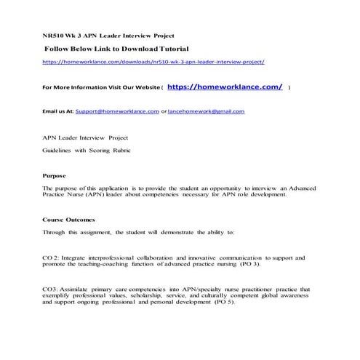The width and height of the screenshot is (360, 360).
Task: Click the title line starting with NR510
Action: pos(108,35)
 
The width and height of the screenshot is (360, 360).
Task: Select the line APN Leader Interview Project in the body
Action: pos(84,137)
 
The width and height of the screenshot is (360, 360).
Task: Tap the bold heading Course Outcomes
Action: pos(68,219)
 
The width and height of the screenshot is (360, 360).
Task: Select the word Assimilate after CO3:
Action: pos(79,289)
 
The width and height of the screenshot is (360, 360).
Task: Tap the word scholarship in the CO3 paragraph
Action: pos(161,296)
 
